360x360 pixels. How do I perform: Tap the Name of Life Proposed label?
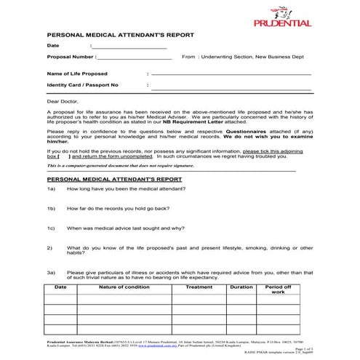[77, 73]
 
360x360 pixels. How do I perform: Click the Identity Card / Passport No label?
[82, 85]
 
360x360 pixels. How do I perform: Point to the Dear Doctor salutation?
[63, 103]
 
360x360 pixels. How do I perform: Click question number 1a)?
[52, 189]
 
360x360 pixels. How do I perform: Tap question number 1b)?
[52, 208]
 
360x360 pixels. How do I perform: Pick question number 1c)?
[52, 228]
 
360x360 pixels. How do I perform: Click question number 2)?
[50, 247]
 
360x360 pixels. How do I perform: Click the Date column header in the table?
[61, 287]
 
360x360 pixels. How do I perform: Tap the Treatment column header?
[199, 287]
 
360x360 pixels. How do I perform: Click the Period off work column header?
[278, 289]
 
